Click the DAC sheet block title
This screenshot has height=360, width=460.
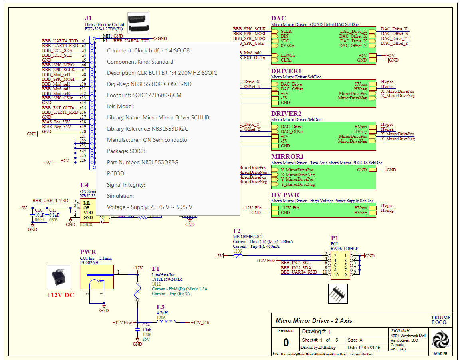278,18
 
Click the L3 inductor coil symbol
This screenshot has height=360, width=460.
166,322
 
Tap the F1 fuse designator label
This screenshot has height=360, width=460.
155,269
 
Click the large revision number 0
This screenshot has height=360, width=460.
286,342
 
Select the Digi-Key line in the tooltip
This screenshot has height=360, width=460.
149,84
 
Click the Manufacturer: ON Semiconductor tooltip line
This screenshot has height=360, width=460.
148,140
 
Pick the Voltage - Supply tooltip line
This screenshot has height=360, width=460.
150,207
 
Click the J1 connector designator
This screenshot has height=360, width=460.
88,18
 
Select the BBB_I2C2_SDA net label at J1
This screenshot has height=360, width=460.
57,50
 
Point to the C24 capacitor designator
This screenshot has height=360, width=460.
146,325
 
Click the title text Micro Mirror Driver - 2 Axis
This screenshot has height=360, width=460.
314,320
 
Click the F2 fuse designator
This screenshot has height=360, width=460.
237,231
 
